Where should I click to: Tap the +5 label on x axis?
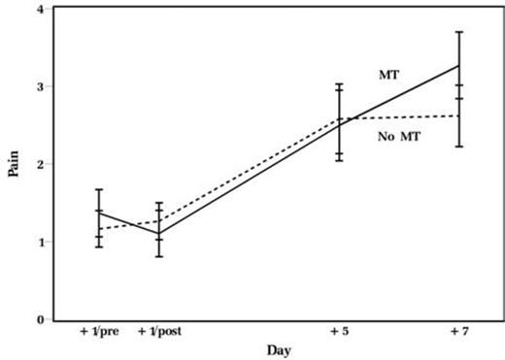tap(339, 332)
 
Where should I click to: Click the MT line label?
tap(389, 74)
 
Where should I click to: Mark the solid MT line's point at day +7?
tap(459, 66)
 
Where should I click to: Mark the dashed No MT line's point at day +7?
tap(459, 116)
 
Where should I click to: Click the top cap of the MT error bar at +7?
tap(459, 32)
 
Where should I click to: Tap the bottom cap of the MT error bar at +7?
tap(459, 99)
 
